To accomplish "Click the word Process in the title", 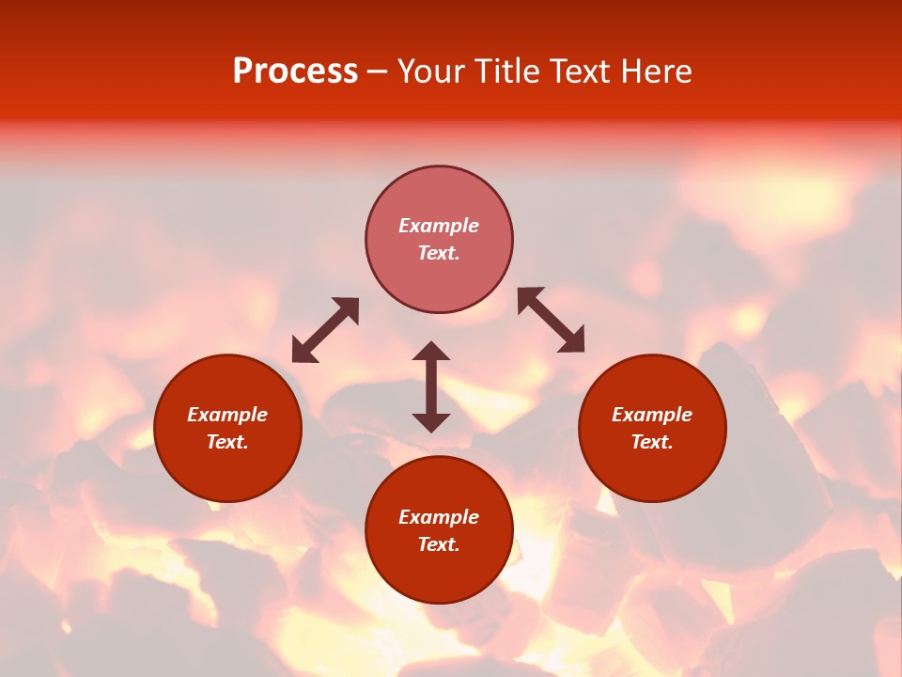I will [295, 71].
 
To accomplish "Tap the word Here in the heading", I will [654, 71].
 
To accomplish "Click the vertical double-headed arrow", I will [431, 386].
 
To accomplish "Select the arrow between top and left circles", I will [325, 329].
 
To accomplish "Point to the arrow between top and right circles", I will [552, 320].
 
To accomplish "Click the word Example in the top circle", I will [439, 226].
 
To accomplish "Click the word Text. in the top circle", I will [439, 253].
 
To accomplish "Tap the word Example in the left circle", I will [227, 415].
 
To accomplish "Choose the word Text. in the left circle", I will [227, 442].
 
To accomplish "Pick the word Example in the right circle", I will [652, 415].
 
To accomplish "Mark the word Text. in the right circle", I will [652, 442].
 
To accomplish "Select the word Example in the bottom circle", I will [439, 517].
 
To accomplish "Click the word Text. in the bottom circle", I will [439, 544].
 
